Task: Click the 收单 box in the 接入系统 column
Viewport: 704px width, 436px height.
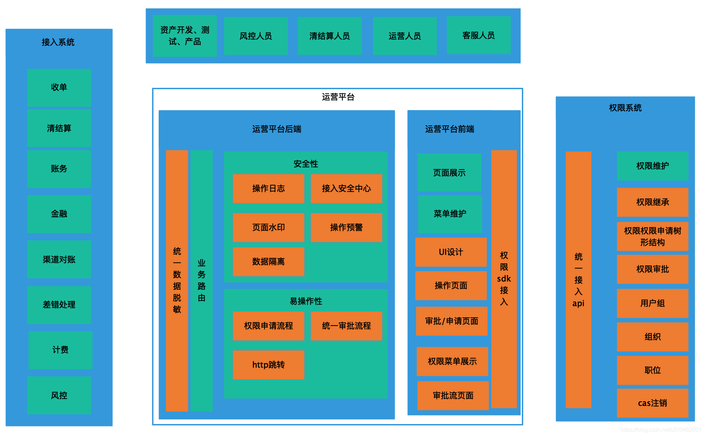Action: coord(59,87)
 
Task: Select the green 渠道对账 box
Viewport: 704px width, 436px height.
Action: coord(59,259)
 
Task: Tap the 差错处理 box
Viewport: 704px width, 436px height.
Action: coord(59,305)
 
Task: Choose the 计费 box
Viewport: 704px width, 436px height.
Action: coord(60,350)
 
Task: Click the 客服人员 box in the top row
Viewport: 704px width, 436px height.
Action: coord(478,36)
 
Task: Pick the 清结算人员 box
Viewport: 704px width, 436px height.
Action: coord(329,36)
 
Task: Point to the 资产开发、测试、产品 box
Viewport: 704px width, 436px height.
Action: coord(185,36)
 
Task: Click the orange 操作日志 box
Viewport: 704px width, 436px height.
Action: coord(268,189)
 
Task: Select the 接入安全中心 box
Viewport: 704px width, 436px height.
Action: coord(346,189)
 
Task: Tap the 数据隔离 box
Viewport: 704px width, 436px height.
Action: coord(268,262)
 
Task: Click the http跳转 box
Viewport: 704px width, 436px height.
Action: coord(268,365)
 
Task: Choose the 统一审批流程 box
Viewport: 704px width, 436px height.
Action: coord(346,326)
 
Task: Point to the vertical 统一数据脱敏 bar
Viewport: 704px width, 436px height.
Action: coord(177,280)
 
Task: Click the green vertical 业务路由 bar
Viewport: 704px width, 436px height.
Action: coord(201,280)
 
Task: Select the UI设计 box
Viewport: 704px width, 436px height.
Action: coord(451,252)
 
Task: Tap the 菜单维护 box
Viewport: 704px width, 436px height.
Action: coord(450,214)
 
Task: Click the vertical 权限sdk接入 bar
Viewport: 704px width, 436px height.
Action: coord(504,279)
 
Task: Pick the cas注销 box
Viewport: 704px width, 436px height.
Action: coord(652,403)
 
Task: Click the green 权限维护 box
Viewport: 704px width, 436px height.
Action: coord(652,166)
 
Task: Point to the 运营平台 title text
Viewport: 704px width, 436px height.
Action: coord(338,97)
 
